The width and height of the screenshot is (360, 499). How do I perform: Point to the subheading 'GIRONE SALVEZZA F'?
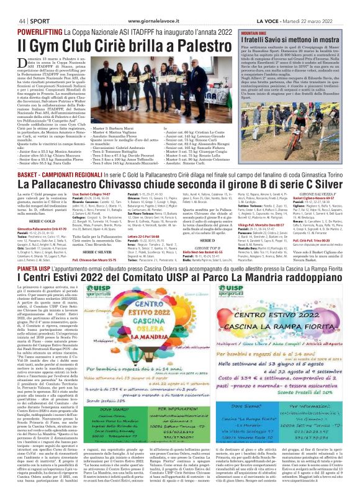click(320, 194)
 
